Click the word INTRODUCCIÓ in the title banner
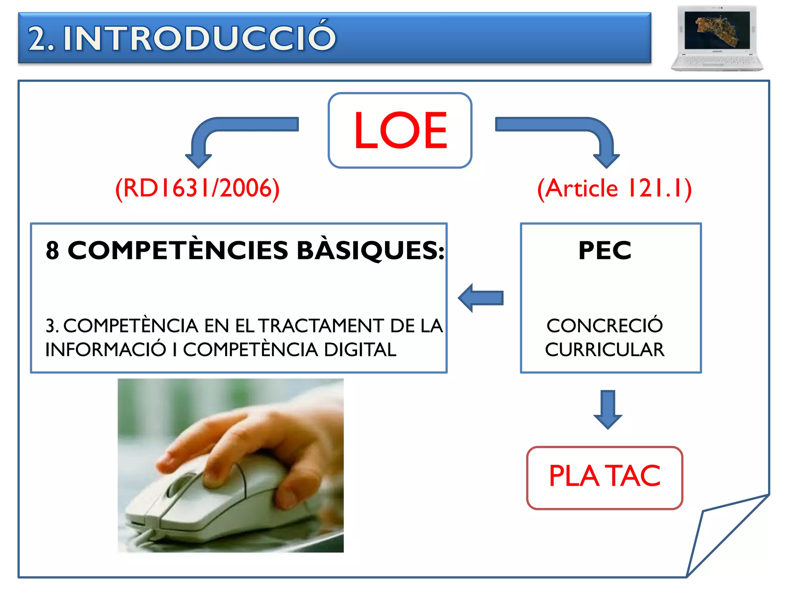[199, 38]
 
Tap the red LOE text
[400, 130]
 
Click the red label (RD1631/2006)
[197, 189]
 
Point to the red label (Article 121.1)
[614, 189]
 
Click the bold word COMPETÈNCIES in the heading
[178, 250]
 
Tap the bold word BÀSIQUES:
[370, 250]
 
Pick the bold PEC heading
[605, 250]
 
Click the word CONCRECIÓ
[605, 326]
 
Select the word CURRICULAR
[605, 350]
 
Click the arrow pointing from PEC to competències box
[481, 298]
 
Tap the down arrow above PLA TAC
[608, 409]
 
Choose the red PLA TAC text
[604, 476]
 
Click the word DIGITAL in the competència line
[360, 350]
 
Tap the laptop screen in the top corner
[717, 30]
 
